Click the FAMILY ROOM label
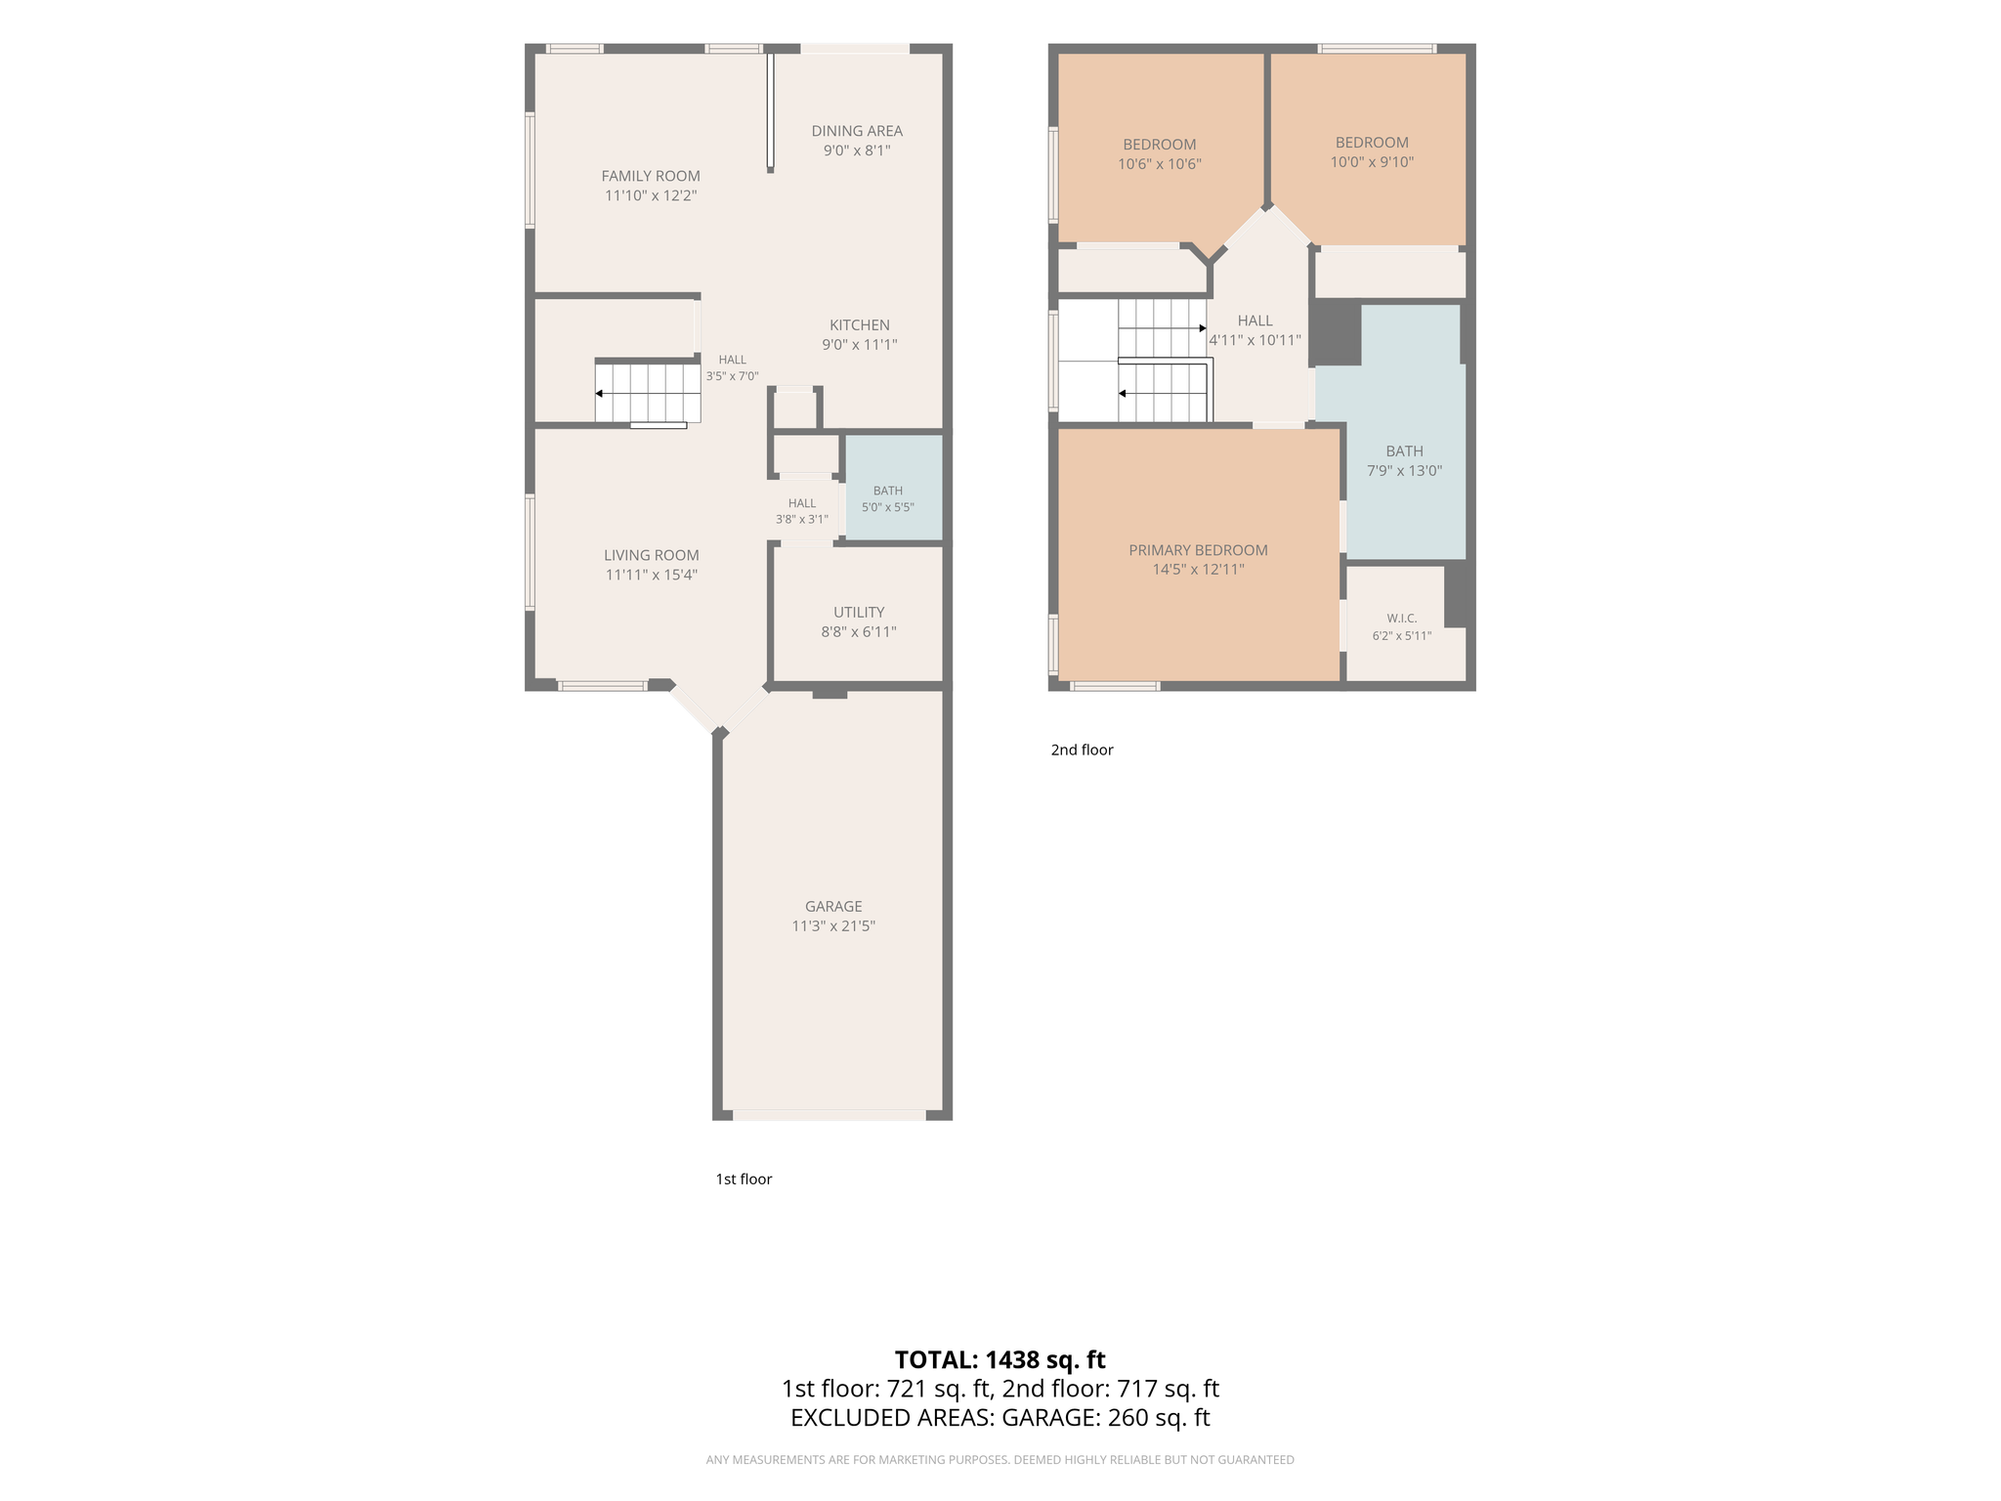[x=651, y=176]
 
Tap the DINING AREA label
[x=857, y=131]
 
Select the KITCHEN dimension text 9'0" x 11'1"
[x=860, y=345]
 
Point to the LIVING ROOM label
[x=652, y=555]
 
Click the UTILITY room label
[x=859, y=613]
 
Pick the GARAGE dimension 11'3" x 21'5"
[x=833, y=926]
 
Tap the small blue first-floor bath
[x=894, y=487]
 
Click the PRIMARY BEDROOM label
[x=1199, y=550]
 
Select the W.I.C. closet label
[x=1402, y=619]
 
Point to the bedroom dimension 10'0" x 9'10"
[x=1372, y=162]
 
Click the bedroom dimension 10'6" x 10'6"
[x=1160, y=164]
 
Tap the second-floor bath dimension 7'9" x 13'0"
[x=1404, y=471]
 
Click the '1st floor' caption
[x=744, y=1179]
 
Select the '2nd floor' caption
[x=1082, y=750]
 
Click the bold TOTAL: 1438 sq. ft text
[x=1000, y=1360]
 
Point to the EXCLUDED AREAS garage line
[x=1000, y=1418]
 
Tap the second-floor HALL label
[x=1256, y=321]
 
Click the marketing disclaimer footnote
[x=1000, y=1460]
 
